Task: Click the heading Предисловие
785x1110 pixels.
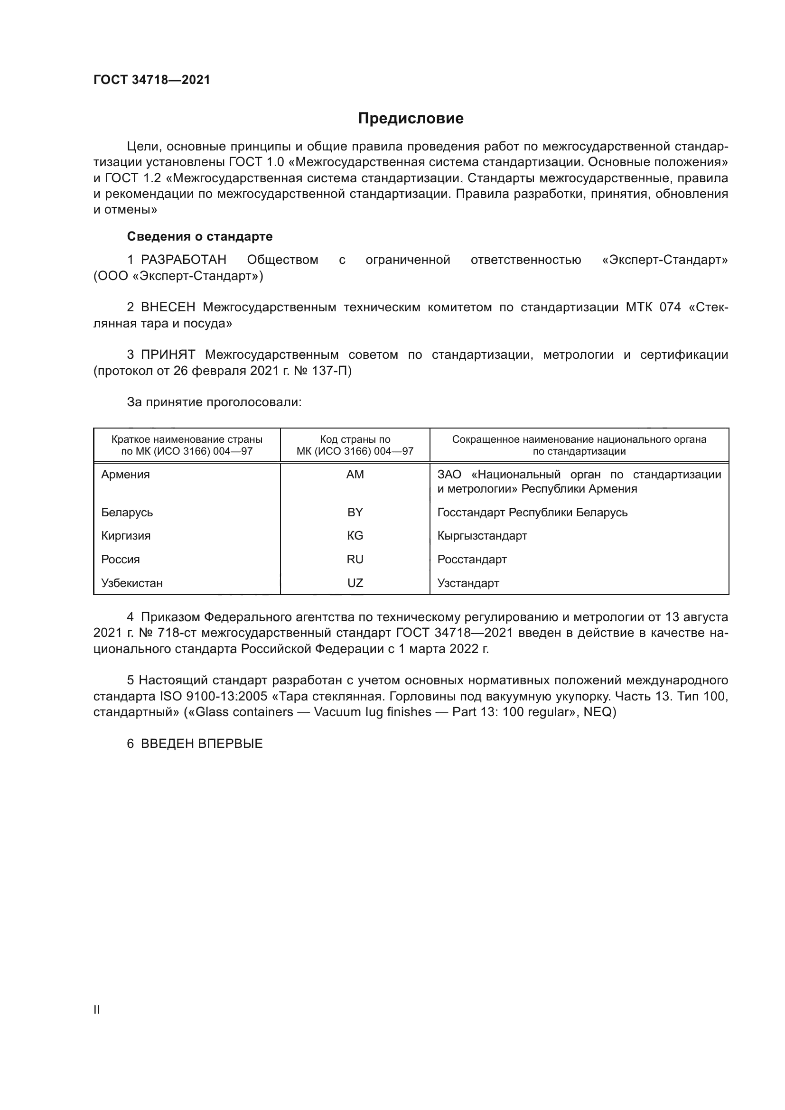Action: click(x=411, y=119)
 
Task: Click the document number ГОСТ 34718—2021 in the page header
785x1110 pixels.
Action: click(x=152, y=80)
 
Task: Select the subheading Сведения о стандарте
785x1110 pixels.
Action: click(x=200, y=236)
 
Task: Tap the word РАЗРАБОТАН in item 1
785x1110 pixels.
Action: click(x=184, y=260)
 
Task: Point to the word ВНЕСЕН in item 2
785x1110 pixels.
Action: click(x=168, y=308)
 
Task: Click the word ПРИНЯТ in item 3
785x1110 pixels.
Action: click(x=168, y=355)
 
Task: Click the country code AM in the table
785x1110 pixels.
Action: click(x=355, y=475)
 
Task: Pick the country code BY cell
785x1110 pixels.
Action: click(x=355, y=513)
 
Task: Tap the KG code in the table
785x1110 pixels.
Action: click(x=355, y=536)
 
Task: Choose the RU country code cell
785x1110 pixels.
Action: click(x=355, y=560)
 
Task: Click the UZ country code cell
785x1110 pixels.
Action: click(x=355, y=584)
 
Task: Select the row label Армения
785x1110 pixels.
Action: click(x=126, y=475)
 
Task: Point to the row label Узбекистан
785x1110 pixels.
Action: click(x=132, y=584)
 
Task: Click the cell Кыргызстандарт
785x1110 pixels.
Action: click(x=482, y=536)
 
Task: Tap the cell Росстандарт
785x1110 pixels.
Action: click(x=472, y=560)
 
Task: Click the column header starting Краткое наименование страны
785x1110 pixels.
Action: click(x=187, y=445)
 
